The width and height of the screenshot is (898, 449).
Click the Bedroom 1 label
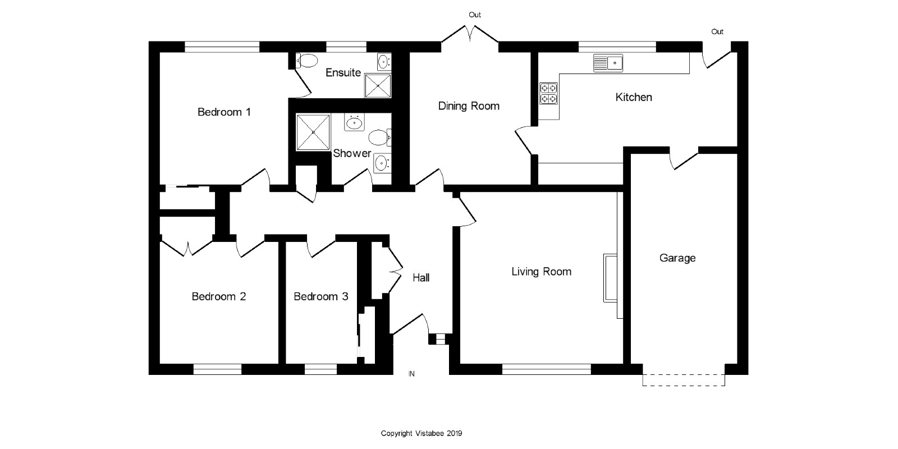(x=224, y=112)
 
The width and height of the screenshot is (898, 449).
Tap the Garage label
(x=677, y=258)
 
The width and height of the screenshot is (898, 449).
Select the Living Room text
(x=541, y=272)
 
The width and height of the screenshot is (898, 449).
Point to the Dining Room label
(x=469, y=106)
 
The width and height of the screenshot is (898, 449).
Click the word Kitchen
(x=634, y=97)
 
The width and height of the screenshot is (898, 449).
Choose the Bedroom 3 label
(x=320, y=297)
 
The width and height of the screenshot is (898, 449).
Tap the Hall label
(x=421, y=277)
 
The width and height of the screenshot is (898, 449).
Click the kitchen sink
(x=608, y=63)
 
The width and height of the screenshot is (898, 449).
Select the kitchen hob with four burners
(x=548, y=93)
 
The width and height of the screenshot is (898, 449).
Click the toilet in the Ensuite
(x=306, y=61)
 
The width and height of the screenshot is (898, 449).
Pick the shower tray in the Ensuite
(x=378, y=85)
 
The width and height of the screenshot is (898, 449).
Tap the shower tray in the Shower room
(x=313, y=132)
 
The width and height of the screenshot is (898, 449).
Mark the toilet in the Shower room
(x=379, y=138)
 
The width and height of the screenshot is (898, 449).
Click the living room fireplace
(x=610, y=277)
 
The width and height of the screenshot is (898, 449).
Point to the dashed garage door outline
(x=684, y=380)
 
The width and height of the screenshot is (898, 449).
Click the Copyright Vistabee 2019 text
(x=421, y=433)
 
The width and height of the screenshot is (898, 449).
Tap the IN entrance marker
(x=411, y=374)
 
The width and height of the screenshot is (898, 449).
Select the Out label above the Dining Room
(x=475, y=15)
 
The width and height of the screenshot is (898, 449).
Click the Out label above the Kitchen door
(x=717, y=31)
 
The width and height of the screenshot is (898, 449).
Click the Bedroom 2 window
(x=217, y=369)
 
